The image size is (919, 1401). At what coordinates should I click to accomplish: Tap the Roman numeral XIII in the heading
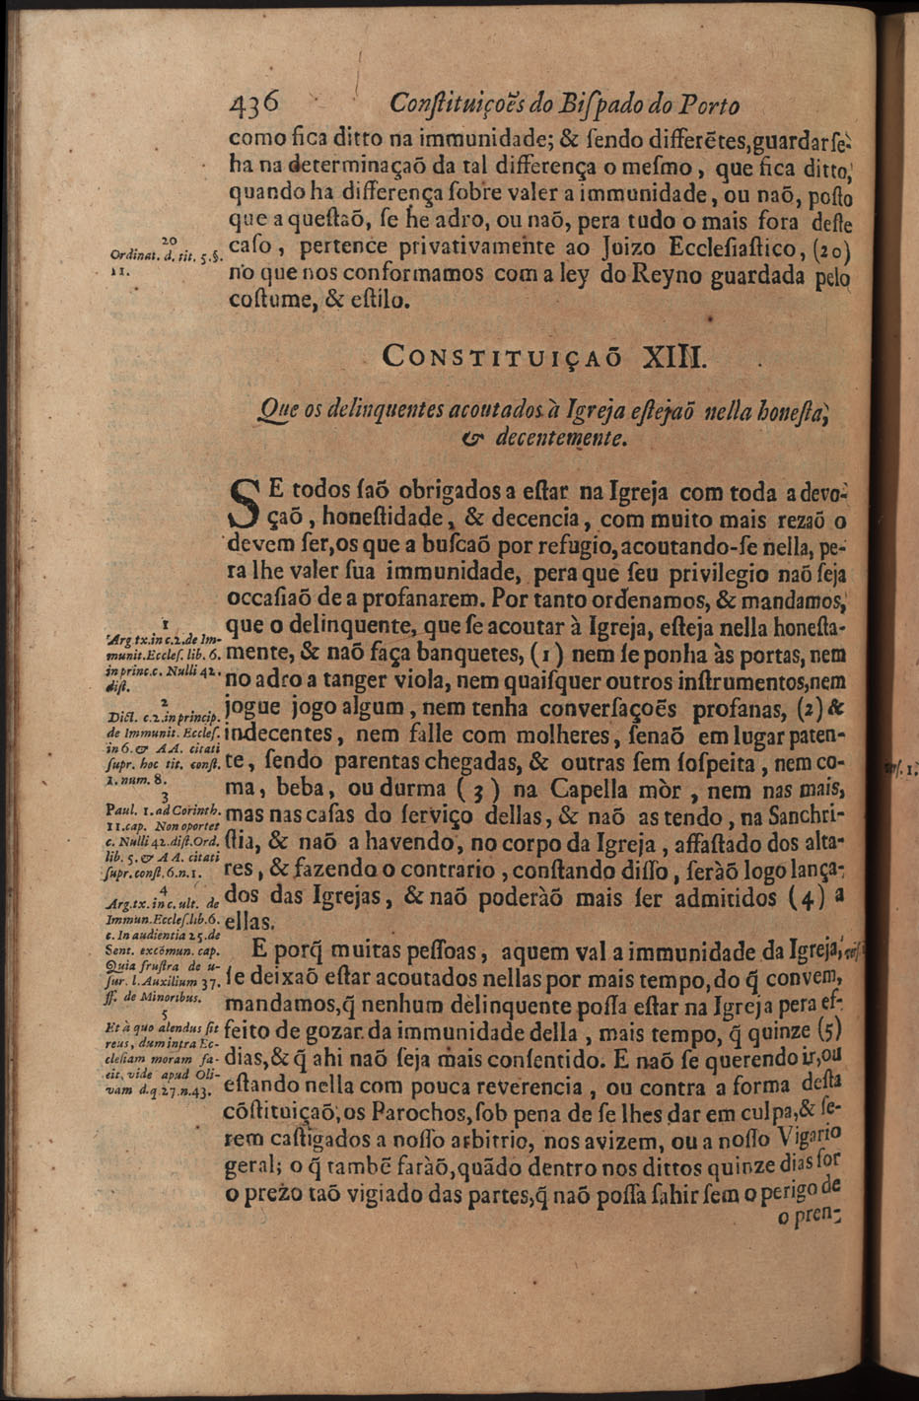pyautogui.click(x=673, y=355)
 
